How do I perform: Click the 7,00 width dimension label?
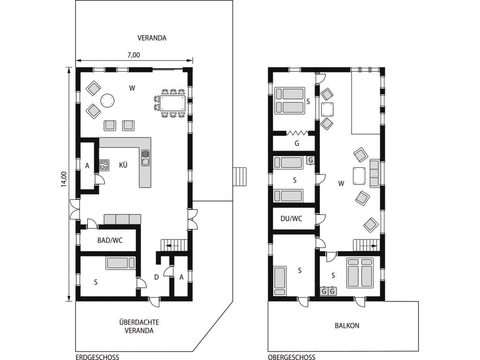134,55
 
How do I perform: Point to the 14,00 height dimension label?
64,179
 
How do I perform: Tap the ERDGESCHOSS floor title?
97,357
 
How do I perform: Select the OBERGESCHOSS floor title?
292,357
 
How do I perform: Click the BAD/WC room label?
110,240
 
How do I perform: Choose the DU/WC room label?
292,218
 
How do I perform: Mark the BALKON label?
347,326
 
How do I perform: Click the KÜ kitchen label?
123,165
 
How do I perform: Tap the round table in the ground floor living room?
108,101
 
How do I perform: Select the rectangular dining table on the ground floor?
172,103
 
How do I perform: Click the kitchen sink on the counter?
145,158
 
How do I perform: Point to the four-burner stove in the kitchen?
105,165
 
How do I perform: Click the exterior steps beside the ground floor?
240,177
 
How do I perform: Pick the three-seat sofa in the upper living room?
375,173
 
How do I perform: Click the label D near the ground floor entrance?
157,277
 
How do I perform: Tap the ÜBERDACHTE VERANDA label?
139,326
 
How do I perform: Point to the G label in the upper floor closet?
297,143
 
